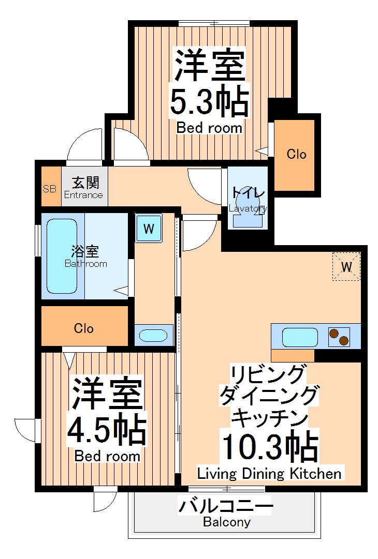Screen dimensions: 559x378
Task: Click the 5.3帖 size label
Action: click(209, 102)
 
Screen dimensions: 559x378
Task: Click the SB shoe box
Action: click(49, 188)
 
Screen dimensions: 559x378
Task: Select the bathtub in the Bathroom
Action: click(62, 255)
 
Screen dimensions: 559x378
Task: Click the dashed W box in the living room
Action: click(346, 267)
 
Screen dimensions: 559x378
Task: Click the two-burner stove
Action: click(339, 337)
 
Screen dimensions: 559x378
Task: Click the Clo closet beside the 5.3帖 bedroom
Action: click(296, 154)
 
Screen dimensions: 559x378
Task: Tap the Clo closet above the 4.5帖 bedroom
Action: click(84, 327)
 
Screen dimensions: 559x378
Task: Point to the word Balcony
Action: click(226, 522)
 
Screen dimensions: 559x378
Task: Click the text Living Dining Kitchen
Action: click(269, 473)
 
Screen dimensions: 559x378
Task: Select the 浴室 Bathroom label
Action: click(85, 257)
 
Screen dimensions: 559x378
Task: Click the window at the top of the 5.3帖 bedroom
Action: click(213, 23)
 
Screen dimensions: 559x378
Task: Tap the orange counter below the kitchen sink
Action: click(293, 356)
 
